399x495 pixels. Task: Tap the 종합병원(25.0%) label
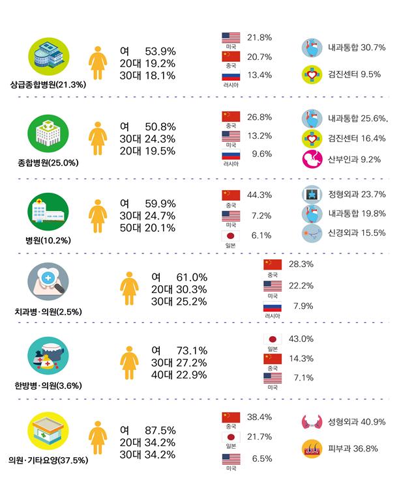point(49,162)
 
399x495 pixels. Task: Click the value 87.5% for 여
point(162,431)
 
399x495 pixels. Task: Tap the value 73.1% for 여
point(193,349)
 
